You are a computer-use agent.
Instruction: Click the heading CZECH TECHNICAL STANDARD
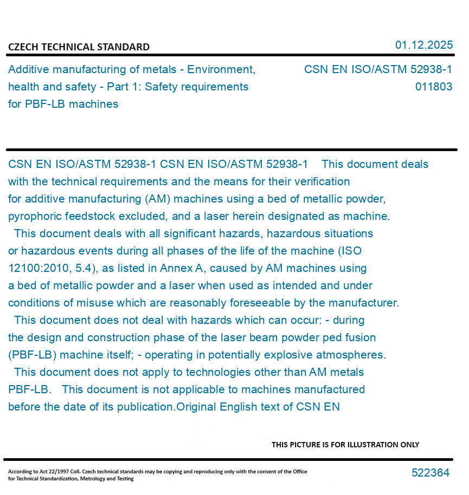coord(79,47)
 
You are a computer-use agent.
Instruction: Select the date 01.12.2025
coord(423,45)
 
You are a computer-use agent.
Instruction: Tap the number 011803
coord(434,87)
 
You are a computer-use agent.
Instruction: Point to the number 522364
coord(431,473)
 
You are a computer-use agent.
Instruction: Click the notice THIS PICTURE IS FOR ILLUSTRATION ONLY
coord(345,445)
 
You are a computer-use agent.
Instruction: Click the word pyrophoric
coord(34,216)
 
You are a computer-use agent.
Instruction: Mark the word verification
coord(323,181)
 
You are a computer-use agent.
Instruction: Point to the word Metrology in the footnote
coord(108,479)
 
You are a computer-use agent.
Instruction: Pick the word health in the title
coord(24,87)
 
